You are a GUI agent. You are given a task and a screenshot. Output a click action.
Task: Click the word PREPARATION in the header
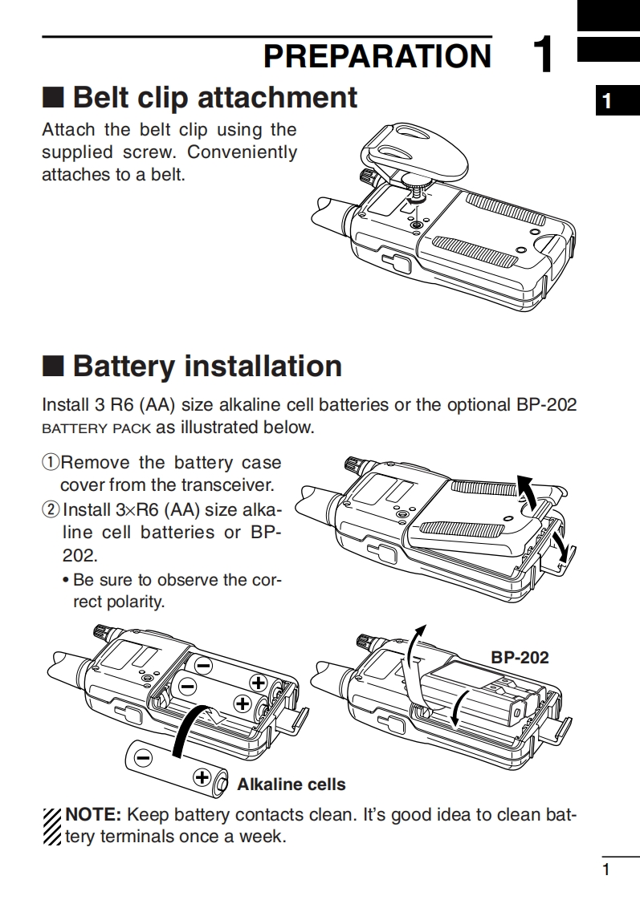[377, 56]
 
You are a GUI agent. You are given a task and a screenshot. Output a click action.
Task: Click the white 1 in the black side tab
[608, 102]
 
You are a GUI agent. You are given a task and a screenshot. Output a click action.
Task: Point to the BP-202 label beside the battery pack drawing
[520, 658]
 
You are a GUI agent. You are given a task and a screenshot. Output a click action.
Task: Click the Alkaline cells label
[291, 784]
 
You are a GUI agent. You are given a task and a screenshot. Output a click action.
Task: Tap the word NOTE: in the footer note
[93, 815]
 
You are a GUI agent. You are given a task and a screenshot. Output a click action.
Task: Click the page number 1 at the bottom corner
[606, 870]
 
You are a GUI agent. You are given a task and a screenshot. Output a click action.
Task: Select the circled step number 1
[51, 463]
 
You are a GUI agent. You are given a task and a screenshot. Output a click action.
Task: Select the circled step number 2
[51, 509]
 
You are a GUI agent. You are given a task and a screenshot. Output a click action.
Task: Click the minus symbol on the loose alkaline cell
[144, 756]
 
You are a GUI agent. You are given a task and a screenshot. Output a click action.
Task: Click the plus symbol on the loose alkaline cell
[202, 776]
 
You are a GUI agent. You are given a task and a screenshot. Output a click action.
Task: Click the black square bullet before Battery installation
[52, 367]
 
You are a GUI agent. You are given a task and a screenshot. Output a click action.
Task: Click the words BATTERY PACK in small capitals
[96, 428]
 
